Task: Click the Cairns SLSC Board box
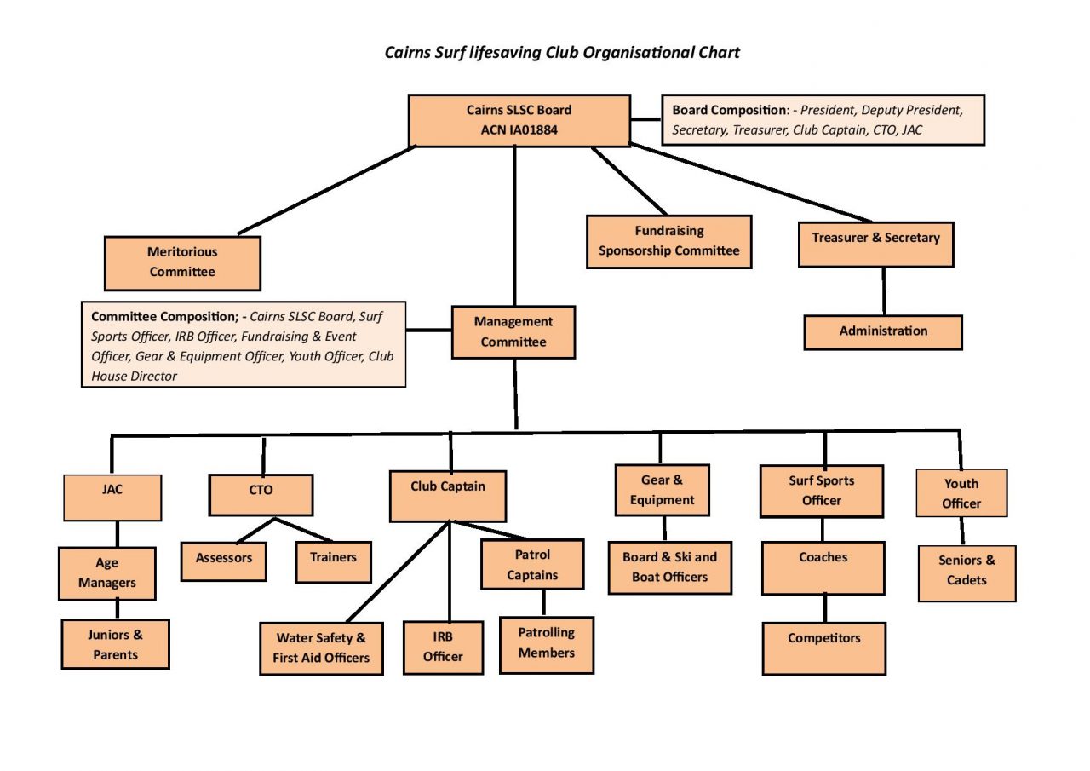click(x=519, y=120)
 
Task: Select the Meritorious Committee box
click(x=182, y=262)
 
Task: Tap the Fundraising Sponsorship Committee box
click(x=668, y=241)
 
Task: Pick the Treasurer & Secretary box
click(x=875, y=244)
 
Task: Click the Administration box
click(x=883, y=331)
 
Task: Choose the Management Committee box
click(x=513, y=332)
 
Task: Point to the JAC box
click(x=112, y=497)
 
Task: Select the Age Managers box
click(x=107, y=573)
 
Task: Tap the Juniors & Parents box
click(x=115, y=644)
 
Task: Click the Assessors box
click(x=224, y=560)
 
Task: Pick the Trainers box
click(x=333, y=561)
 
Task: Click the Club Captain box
click(x=448, y=495)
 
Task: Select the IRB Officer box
click(x=443, y=647)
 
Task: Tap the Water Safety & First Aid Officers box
click(x=321, y=648)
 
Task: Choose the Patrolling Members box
click(x=546, y=644)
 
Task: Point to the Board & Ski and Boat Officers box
click(x=669, y=567)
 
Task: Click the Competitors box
click(x=823, y=647)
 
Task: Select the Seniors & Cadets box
click(x=967, y=572)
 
